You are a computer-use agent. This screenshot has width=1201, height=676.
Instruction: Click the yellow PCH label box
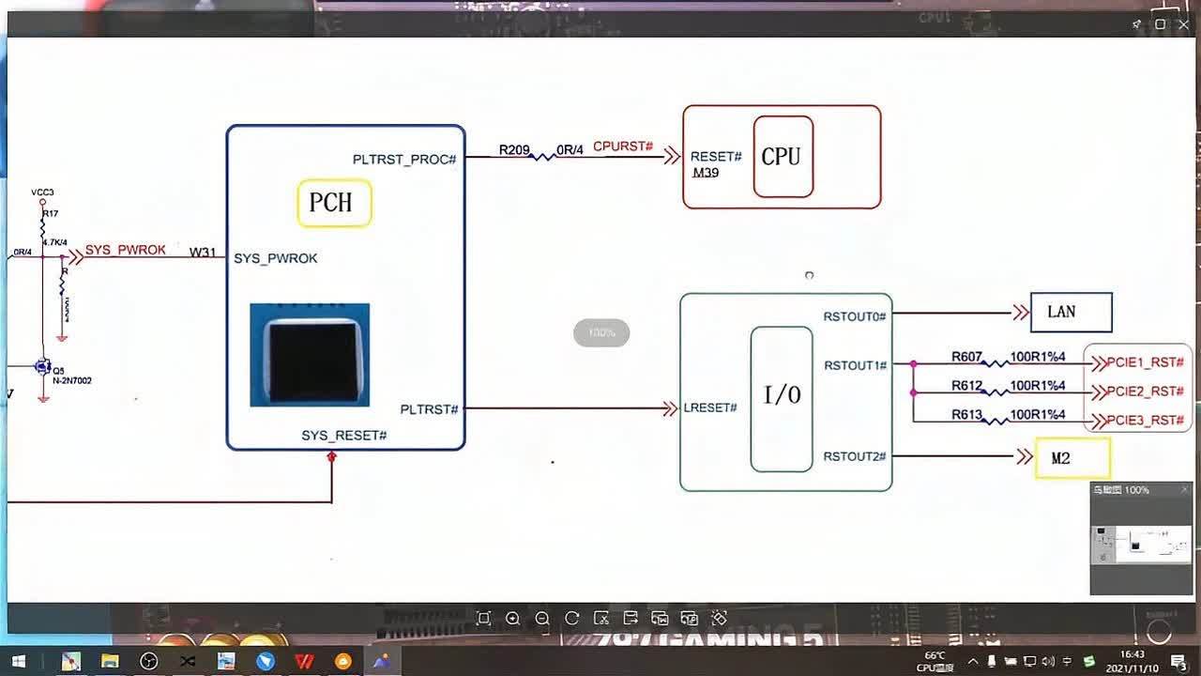[x=334, y=203]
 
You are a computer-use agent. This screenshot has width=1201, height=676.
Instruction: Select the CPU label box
[x=783, y=157]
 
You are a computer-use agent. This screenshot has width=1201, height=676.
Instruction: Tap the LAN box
[x=1071, y=312]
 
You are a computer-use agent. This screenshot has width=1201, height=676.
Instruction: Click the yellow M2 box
[x=1072, y=458]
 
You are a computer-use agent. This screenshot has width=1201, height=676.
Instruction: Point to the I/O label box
[x=782, y=398]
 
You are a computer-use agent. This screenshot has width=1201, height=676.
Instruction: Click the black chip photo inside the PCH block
[x=310, y=355]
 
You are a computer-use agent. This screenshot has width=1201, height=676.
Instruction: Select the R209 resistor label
[x=514, y=149]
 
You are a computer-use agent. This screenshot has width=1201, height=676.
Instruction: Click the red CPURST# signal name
[x=622, y=146]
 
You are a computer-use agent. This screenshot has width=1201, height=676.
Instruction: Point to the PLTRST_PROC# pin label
[x=404, y=160]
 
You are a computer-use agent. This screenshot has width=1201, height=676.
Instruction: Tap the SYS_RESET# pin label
[x=343, y=436]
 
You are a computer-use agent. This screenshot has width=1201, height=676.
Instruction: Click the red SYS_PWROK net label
[x=126, y=250]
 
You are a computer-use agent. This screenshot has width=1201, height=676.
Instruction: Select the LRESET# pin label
[x=710, y=407]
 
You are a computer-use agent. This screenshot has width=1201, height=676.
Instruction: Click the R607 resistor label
[x=966, y=357]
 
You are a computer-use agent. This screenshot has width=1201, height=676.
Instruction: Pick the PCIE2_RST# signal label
[x=1145, y=392]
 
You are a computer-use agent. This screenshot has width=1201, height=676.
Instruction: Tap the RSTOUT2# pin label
[x=855, y=456]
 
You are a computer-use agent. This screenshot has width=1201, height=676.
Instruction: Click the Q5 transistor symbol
[x=43, y=366]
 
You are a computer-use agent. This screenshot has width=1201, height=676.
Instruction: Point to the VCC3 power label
[x=42, y=192]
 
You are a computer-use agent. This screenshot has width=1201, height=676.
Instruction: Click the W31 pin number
[x=203, y=252]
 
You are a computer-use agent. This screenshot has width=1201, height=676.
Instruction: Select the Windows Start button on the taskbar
[x=18, y=661]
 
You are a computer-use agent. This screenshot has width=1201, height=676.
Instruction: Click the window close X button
[x=1183, y=24]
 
